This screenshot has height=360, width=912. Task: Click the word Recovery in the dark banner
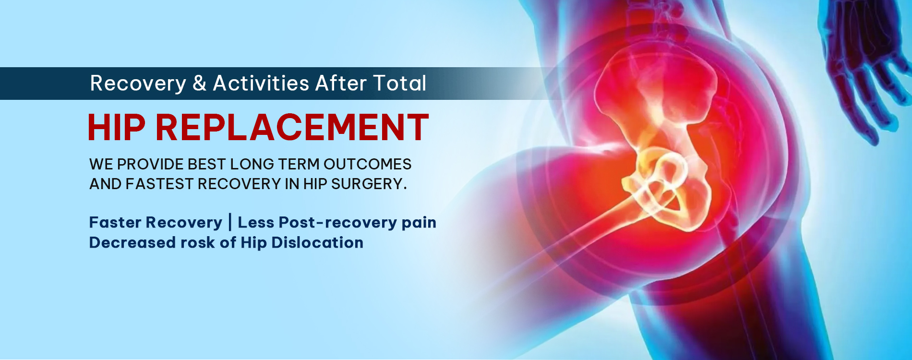coord(138,84)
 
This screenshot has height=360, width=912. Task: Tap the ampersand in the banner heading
coord(199,84)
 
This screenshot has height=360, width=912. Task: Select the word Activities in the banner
coord(261,83)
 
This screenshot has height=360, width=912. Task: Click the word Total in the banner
coord(399,83)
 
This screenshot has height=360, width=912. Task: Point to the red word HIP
coord(116,127)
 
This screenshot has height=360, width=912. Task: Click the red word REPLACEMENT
coord(292,127)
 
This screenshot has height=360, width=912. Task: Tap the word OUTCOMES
coord(367,164)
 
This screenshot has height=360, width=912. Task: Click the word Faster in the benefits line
coord(115,222)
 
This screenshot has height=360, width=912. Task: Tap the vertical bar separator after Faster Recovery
coord(230,222)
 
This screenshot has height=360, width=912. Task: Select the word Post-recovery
coord(337,223)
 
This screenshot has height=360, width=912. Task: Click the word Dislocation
coord(317,242)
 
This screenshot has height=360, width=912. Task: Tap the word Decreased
coord(132,242)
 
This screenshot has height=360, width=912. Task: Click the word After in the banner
coord(341,83)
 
